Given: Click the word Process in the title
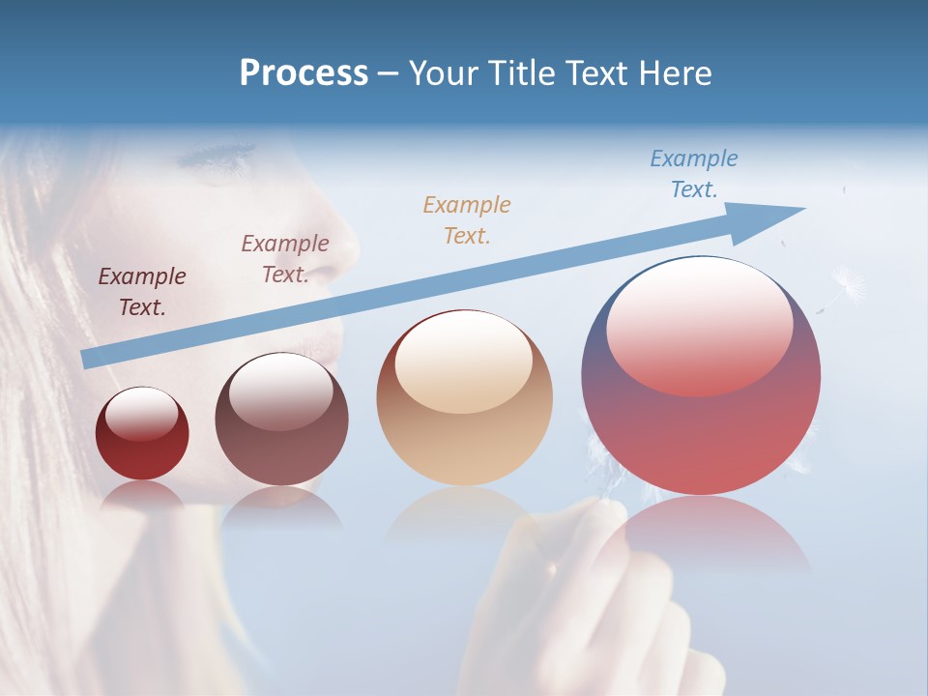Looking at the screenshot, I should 304,72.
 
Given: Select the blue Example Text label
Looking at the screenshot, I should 694,174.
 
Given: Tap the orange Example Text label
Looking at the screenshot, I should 467,219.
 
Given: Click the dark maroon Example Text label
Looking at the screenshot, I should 142,292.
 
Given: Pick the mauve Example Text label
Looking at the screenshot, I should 285,258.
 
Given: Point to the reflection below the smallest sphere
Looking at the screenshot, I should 142,495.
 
